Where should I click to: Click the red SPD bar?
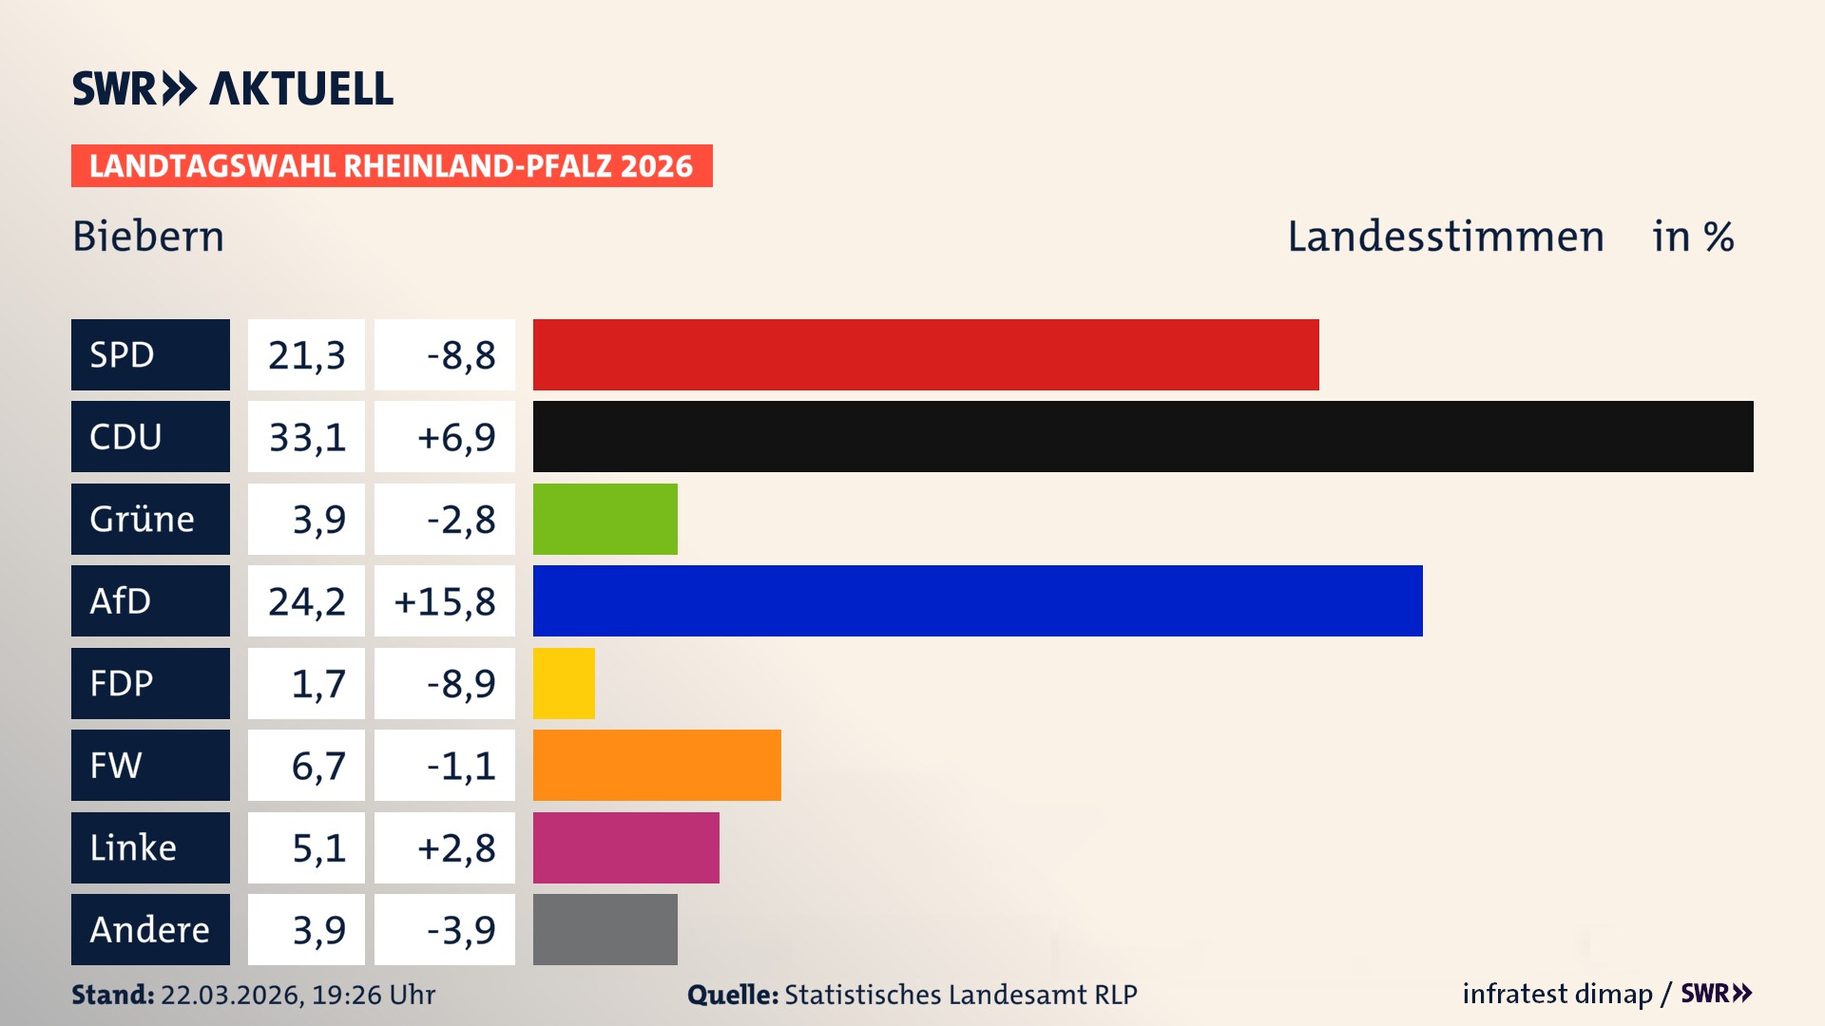pos(926,354)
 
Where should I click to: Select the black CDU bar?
pos(1143,436)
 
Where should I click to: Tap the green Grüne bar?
pos(605,519)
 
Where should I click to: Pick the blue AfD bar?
pos(977,600)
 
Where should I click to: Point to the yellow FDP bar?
pos(564,683)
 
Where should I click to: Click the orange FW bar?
pos(657,765)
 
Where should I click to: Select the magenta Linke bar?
pos(625,847)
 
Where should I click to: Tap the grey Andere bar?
pos(605,929)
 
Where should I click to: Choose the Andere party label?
pos(150,929)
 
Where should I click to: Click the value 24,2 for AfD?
pos(306,600)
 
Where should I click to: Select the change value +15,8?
pos(445,600)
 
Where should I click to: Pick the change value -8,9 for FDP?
pos(460,683)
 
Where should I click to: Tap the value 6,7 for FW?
pos(318,765)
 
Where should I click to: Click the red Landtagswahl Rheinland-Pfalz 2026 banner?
pos(392,165)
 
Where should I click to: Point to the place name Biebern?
pos(148,236)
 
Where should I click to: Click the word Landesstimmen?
pos(1445,236)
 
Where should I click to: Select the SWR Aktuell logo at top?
pos(233,88)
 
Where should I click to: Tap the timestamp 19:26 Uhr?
pos(373,995)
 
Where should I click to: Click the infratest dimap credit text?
pos(1557,994)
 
